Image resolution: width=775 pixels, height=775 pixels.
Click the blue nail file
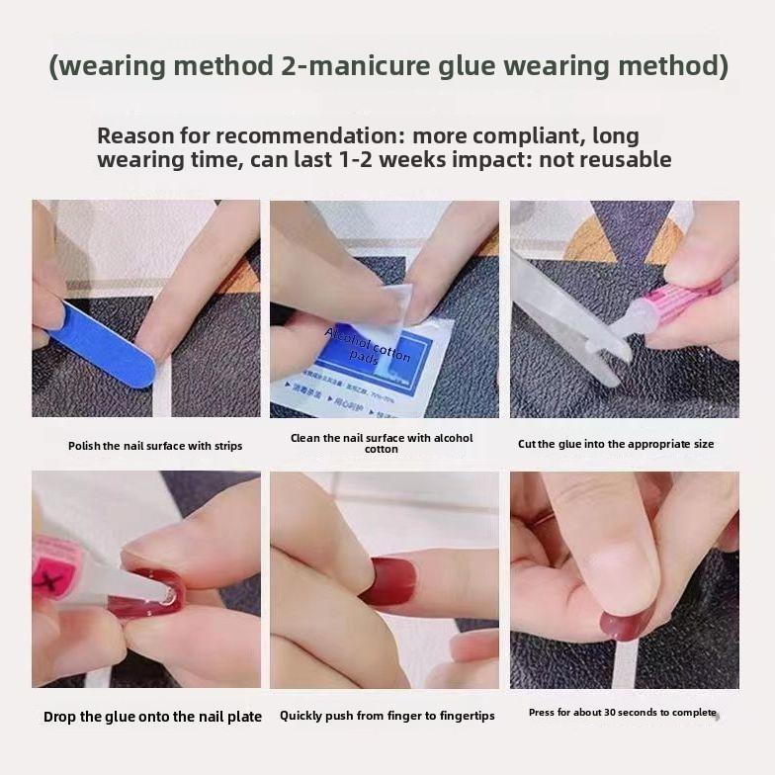(x=103, y=345)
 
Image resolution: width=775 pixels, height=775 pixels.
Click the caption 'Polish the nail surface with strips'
(x=155, y=446)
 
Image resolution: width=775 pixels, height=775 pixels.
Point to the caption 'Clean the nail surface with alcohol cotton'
(x=382, y=443)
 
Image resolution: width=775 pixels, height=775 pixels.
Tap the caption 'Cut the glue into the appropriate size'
(x=616, y=444)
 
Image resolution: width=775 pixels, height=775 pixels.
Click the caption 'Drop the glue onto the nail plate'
(x=152, y=717)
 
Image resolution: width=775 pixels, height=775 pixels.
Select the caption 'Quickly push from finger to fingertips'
(x=387, y=716)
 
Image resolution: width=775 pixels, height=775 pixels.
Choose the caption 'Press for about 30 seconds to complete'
(x=622, y=713)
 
